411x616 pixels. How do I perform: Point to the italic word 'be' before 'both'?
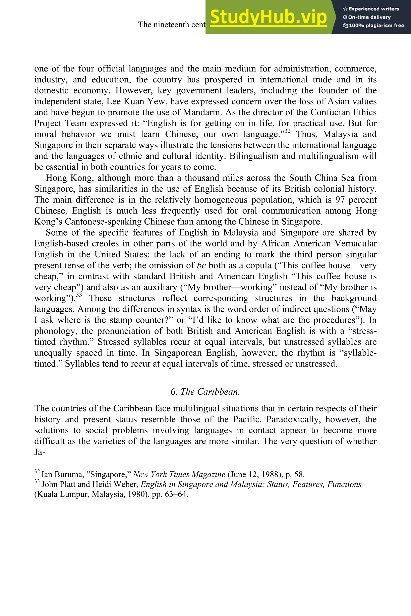201,265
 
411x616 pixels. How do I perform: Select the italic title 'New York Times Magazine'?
179,475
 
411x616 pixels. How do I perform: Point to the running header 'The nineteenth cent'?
172,25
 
